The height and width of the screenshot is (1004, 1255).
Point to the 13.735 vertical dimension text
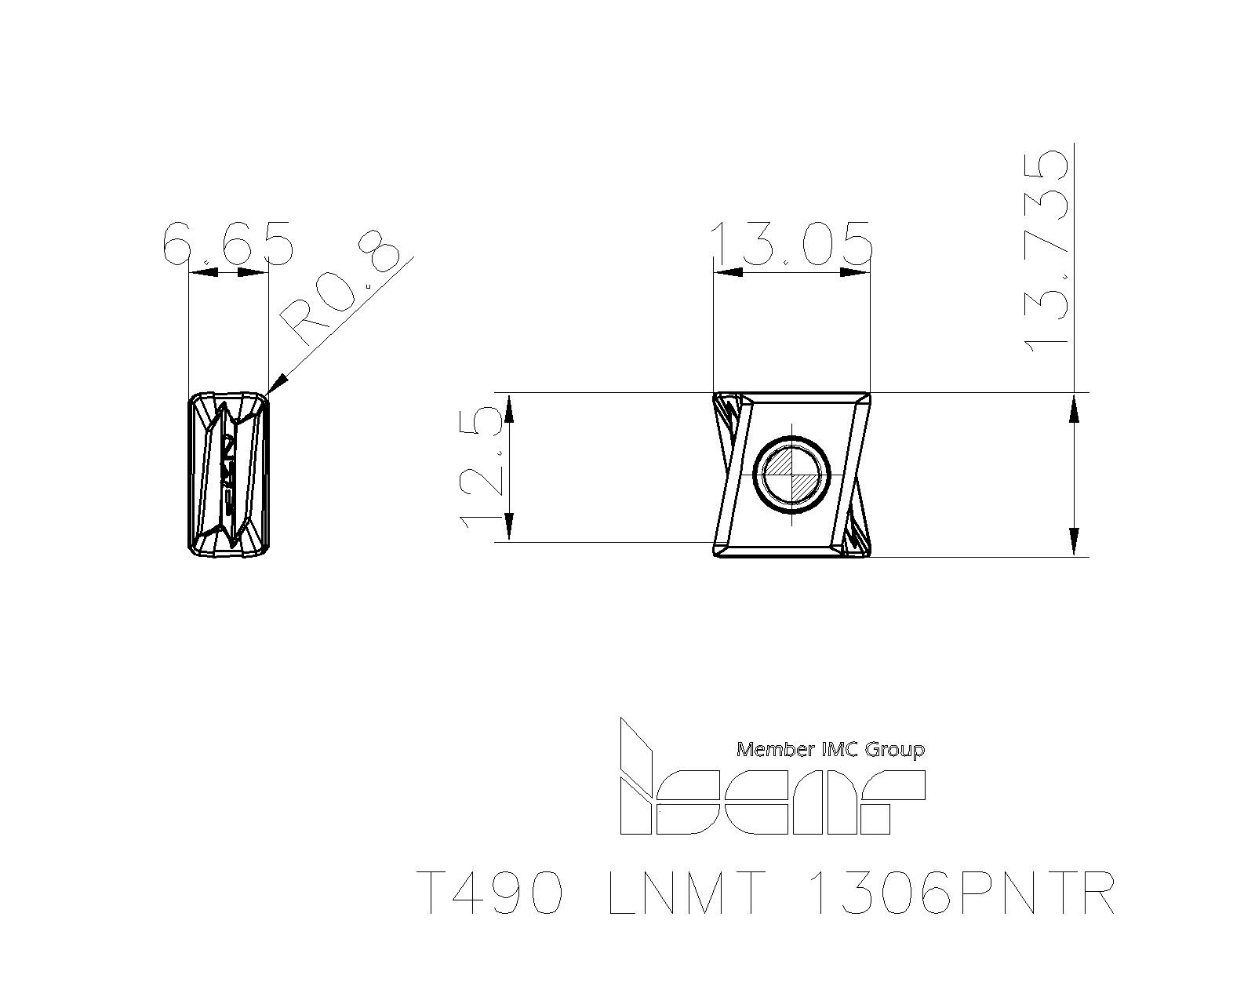pos(1047,252)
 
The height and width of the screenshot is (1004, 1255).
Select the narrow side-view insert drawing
pos(228,473)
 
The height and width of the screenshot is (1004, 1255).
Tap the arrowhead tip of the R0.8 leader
pos(267,395)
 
